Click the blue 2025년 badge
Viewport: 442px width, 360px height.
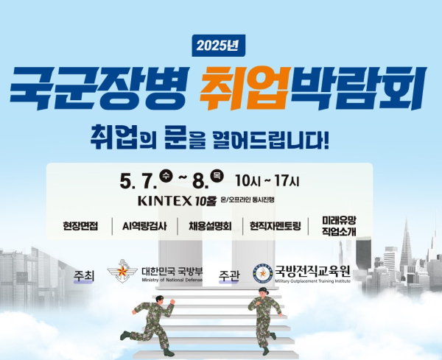click(219, 46)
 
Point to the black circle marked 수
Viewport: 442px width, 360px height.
click(166, 177)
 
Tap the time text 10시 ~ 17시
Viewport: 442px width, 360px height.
click(267, 181)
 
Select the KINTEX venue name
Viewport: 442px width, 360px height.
click(164, 201)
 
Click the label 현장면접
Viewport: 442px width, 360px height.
click(80, 226)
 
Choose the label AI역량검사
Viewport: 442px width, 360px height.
click(144, 226)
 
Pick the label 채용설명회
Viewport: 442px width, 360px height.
click(210, 226)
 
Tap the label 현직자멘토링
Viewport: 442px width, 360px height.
click(275, 226)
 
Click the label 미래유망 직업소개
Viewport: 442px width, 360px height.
click(339, 226)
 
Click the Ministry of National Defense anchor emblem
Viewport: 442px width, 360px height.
click(122, 271)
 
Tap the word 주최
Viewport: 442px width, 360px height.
click(84, 276)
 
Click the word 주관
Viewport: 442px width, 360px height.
click(229, 276)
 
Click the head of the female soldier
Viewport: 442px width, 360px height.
click(262, 292)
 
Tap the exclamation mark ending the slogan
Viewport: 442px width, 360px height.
click(326, 140)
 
